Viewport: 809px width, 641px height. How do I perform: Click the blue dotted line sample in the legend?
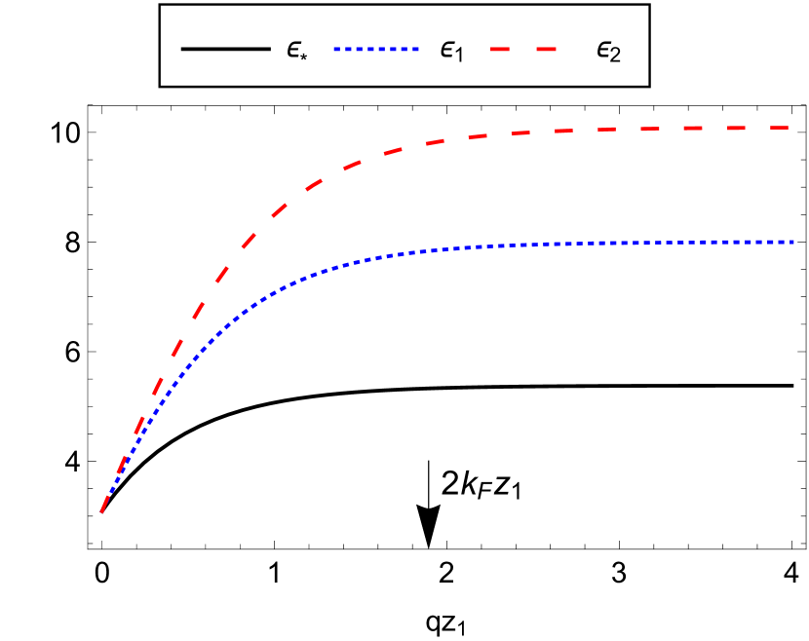coord(375,49)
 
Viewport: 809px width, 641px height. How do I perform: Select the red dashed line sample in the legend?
coord(523,49)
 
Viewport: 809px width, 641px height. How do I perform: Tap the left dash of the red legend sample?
coord(501,49)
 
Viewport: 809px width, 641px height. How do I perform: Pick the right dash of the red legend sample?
coord(545,49)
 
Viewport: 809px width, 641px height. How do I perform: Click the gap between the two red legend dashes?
coord(522,49)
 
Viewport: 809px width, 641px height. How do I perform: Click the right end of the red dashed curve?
coord(788,128)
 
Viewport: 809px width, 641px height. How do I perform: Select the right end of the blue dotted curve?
coord(793,242)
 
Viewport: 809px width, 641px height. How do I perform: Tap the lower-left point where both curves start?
coord(101,510)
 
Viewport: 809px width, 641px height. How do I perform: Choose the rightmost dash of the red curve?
coord(778,128)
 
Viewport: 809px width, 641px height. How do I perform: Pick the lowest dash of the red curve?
coord(107,497)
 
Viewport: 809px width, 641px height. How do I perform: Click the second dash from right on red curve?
coord(736,128)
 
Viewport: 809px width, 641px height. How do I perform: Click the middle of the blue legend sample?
coord(375,49)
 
